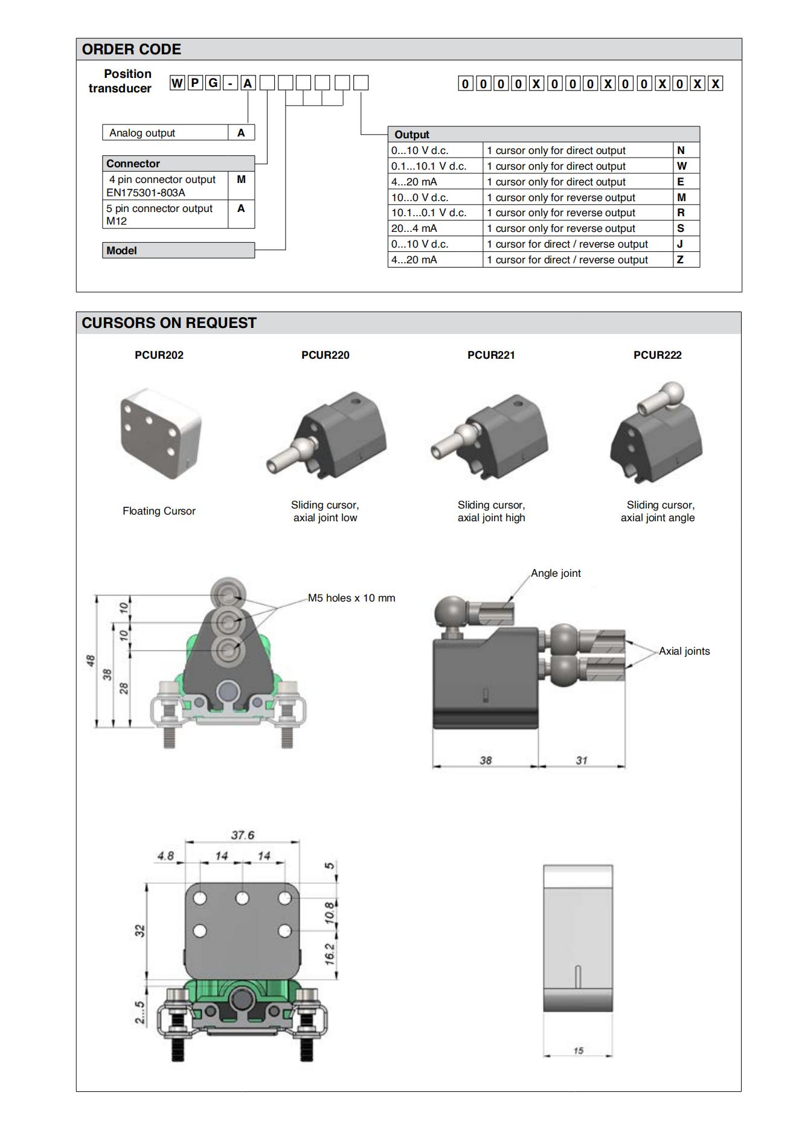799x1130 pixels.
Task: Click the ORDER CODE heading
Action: (132, 50)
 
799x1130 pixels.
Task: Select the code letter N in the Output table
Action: (681, 150)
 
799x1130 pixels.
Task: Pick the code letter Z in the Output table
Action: (681, 260)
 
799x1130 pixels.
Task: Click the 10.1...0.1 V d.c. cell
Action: (429, 213)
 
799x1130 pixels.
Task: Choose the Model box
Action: (178, 251)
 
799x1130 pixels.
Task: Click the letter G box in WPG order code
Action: (213, 83)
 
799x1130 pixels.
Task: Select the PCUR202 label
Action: (159, 355)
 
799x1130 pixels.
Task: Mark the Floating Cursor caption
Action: (159, 511)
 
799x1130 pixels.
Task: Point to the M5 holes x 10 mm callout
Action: (351, 598)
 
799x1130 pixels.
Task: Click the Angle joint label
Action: (556, 573)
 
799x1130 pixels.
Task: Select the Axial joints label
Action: (684, 651)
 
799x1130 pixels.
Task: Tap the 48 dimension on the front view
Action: (89, 661)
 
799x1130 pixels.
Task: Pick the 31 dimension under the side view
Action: (581, 760)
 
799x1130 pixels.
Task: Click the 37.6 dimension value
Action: (242, 835)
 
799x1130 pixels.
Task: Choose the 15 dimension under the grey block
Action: (578, 1051)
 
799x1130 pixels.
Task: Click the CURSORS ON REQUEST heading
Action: (169, 323)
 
